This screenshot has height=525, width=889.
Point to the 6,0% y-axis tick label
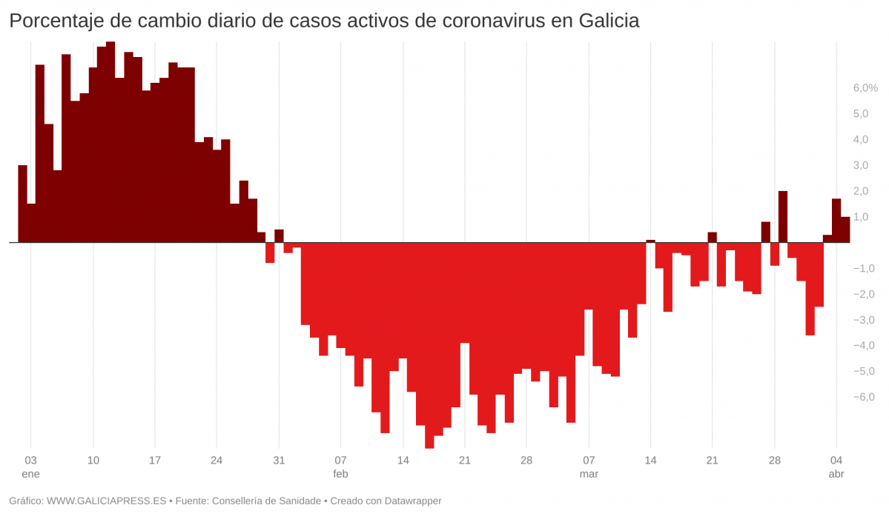coord(866,88)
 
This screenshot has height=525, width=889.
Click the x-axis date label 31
coord(279,460)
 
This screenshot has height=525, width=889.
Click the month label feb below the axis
coord(340,474)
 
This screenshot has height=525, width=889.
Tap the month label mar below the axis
coord(589,474)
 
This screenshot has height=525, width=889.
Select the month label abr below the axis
coord(836,474)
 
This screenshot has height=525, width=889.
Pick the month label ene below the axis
coord(31,474)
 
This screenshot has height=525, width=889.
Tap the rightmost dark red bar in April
coord(845,230)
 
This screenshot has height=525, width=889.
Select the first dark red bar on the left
coord(22,204)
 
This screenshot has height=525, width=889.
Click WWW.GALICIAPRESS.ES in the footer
coord(107,501)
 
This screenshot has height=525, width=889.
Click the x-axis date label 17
coord(154,460)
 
